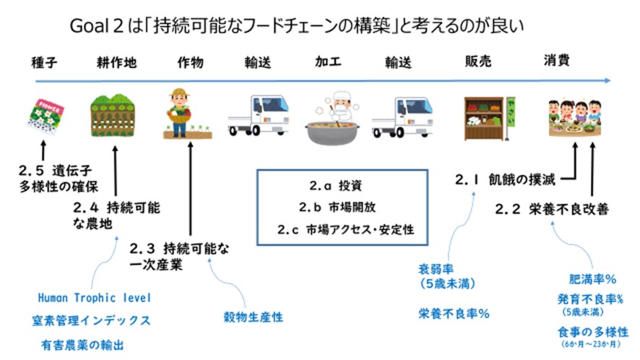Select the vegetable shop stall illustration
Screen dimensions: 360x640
coord(485,113)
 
